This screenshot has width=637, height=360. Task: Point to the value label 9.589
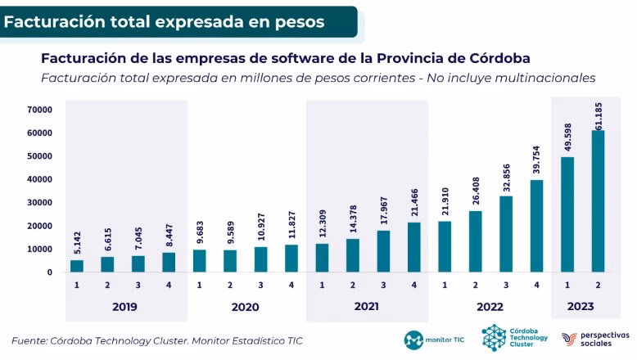230,234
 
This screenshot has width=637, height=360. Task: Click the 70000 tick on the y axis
39,110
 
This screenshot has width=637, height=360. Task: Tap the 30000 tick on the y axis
39,203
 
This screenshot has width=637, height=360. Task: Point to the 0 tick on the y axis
49,272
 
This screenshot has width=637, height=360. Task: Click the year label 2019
124,307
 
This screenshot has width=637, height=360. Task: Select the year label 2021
366,307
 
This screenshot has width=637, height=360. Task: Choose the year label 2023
581,307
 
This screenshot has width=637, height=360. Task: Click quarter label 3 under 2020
260,286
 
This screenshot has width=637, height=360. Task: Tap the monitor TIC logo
433,339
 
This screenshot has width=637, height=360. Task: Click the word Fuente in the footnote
31,340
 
